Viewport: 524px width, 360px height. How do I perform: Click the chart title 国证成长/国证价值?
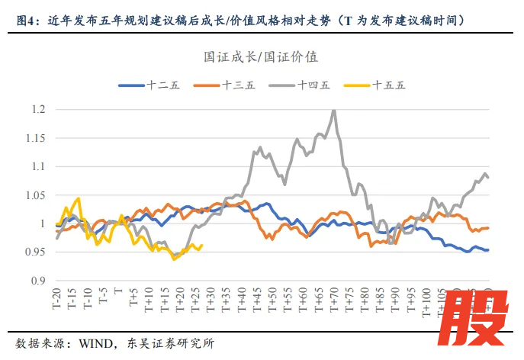pos(261,57)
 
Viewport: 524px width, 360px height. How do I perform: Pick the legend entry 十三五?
pos(238,85)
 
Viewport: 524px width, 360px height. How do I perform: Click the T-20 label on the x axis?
pos(58,300)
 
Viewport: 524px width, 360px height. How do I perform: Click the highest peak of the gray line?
pos(333,111)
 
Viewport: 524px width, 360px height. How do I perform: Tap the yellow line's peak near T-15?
pos(79,198)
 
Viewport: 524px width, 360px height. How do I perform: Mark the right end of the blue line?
pos(488,250)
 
